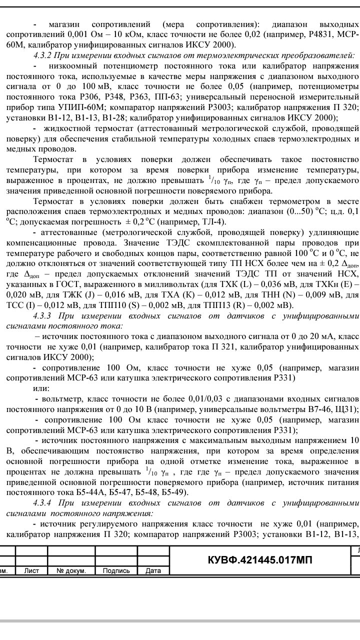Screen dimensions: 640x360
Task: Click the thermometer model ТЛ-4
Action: (x=214, y=221)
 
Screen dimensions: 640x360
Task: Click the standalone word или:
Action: (x=41, y=388)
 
